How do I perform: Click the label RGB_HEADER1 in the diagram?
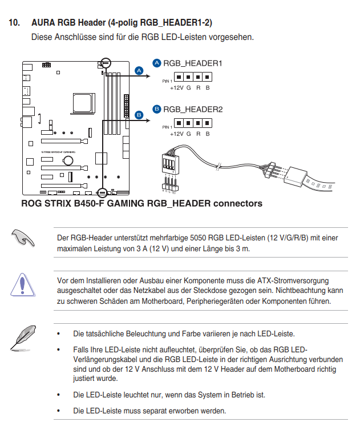coord(192,63)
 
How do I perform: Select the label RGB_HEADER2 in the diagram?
coord(193,108)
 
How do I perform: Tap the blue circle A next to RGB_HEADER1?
coord(157,63)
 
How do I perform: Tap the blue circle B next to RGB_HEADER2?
coord(157,108)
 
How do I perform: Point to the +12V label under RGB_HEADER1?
coord(177,88)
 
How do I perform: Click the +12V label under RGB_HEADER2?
coord(177,134)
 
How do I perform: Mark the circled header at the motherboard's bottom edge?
coord(103,192)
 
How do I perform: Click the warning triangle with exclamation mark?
coord(23,283)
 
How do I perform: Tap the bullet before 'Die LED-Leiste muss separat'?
coord(58,411)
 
